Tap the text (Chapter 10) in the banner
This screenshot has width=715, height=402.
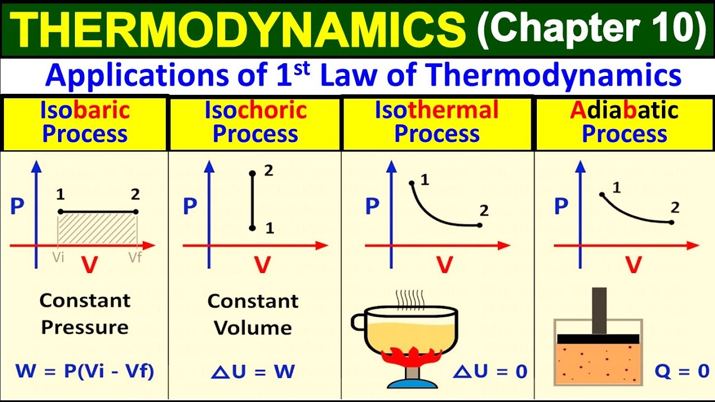click(x=592, y=28)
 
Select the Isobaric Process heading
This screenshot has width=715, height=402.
click(x=85, y=123)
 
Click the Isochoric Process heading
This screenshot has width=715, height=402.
click(x=255, y=123)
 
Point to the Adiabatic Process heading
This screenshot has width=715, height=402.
click(x=625, y=123)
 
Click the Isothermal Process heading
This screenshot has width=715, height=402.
click(x=437, y=123)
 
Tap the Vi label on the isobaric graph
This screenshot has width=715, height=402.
click(x=58, y=257)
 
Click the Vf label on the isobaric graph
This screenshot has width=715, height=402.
click(x=135, y=257)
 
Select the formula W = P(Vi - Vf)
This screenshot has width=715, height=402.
click(x=84, y=371)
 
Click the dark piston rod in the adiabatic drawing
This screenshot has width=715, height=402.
click(x=599, y=310)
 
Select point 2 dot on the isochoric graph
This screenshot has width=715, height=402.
click(x=252, y=174)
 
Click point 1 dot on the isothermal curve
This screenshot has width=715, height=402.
click(x=412, y=183)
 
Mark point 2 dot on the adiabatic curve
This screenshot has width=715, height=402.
click(x=671, y=222)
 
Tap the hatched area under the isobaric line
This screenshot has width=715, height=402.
click(x=98, y=229)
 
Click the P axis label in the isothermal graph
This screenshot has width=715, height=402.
click(x=372, y=207)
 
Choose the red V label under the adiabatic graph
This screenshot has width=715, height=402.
click(x=633, y=265)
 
